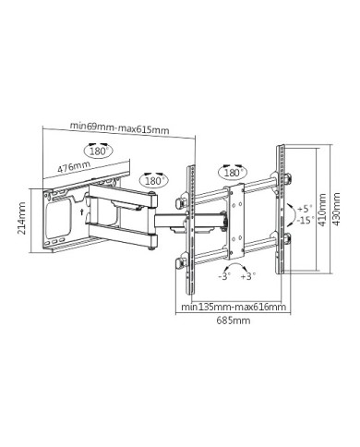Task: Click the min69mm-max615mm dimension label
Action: coord(120,127)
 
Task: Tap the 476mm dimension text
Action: coord(74,166)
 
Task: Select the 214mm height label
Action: coord(21,218)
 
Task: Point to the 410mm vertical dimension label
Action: coord(322,210)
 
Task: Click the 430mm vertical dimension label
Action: coord(336,209)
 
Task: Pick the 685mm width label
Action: coord(234,320)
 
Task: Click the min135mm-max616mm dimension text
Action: coord(234,307)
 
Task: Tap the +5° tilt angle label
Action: coord(305,209)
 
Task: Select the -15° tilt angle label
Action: coord(306,220)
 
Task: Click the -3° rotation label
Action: coord(224,276)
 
